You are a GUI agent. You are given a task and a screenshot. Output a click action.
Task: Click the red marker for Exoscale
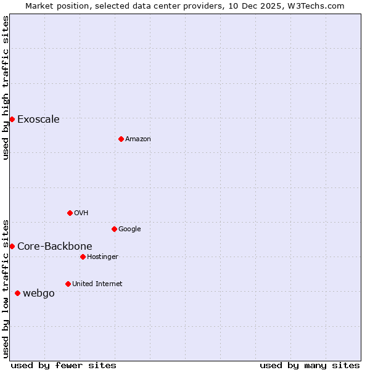pyautogui.click(x=12, y=119)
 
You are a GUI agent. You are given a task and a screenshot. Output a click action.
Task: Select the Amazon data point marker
pyautogui.click(x=121, y=139)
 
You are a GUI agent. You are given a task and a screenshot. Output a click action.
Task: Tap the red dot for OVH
pyautogui.click(x=70, y=213)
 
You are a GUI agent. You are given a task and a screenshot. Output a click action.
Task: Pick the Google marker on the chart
pyautogui.click(x=114, y=229)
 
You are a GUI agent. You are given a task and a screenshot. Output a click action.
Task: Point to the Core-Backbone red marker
pyautogui.click(x=12, y=246)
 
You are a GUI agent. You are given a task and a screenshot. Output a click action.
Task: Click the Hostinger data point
pyautogui.click(x=83, y=257)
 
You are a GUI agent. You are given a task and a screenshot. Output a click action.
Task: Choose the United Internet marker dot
pyautogui.click(x=68, y=284)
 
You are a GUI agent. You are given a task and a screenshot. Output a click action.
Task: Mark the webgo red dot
pyautogui.click(x=17, y=293)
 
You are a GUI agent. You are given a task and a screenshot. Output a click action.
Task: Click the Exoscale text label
pyautogui.click(x=38, y=120)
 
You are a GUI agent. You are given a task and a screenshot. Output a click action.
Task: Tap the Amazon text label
pyautogui.click(x=138, y=139)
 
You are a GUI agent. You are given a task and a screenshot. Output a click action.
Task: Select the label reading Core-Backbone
pyautogui.click(x=54, y=247)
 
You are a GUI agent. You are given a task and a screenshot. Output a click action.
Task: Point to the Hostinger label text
pyautogui.click(x=102, y=257)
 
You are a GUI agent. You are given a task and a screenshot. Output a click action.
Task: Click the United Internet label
pyautogui.click(x=97, y=284)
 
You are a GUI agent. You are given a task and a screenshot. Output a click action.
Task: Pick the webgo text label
pyautogui.click(x=38, y=294)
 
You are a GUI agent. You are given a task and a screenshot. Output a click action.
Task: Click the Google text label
pyautogui.click(x=129, y=229)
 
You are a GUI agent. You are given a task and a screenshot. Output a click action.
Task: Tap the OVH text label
pyautogui.click(x=81, y=213)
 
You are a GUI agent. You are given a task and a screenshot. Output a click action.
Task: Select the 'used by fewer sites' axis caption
pyautogui.click(x=64, y=365)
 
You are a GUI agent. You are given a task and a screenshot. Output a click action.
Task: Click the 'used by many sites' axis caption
pyautogui.click(x=310, y=365)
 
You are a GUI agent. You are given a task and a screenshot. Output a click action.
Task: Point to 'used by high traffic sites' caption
pyautogui.click(x=6, y=88)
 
